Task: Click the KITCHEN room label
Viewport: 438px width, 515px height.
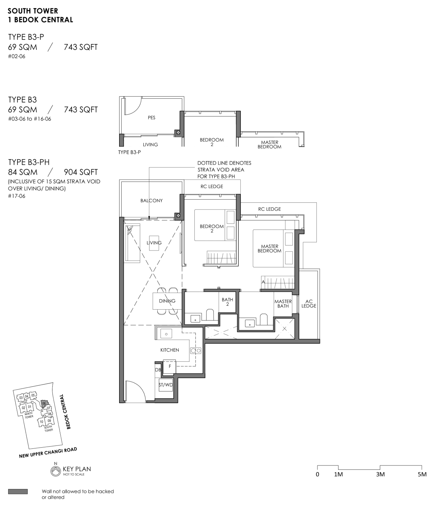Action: point(169,350)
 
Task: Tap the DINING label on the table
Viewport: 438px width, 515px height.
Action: point(167,301)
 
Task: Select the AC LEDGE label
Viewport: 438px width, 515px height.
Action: point(309,303)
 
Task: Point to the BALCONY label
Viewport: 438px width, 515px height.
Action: point(151,201)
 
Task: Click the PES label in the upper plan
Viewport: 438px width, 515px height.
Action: point(151,118)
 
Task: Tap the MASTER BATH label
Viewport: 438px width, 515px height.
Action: point(283,304)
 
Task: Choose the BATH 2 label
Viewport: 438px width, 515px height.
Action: point(227,302)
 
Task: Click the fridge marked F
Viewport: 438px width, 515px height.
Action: point(169,366)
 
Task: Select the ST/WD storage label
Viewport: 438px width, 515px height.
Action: point(165,385)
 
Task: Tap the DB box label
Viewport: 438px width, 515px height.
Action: point(158,370)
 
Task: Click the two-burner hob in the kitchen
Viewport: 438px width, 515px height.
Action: point(196,351)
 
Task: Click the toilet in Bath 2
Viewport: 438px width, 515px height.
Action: point(210,315)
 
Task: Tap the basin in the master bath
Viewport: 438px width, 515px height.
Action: point(250,323)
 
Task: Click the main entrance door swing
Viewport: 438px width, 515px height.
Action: point(136,391)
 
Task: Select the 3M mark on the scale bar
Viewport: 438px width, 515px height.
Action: point(380,474)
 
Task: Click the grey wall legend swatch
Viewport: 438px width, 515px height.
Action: point(18,491)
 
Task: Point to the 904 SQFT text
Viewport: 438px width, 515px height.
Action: point(81,172)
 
